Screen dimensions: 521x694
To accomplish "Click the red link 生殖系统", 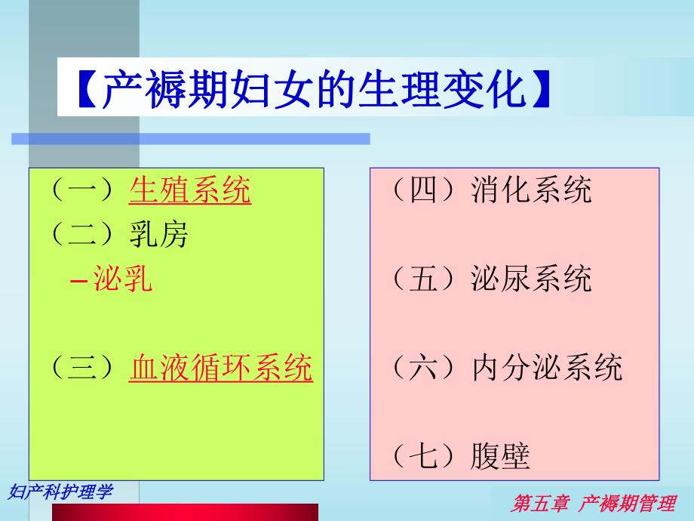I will pos(190,190).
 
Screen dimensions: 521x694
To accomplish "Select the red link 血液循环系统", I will pos(221,368).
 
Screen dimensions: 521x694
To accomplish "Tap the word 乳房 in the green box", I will pos(158,235).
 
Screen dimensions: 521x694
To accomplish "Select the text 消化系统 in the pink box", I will pos(532,190).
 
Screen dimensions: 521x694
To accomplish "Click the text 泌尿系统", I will pos(532,279).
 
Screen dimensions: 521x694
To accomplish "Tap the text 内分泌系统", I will pos(547,368).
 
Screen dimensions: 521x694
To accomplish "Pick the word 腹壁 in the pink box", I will pos(501,457).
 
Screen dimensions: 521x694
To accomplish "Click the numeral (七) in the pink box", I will pos(425,457).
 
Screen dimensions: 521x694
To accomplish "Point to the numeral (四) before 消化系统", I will pos(425,190).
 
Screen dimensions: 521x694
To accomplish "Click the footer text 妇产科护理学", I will pos(60,492).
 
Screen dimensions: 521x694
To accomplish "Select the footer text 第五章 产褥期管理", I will pos(593,504).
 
